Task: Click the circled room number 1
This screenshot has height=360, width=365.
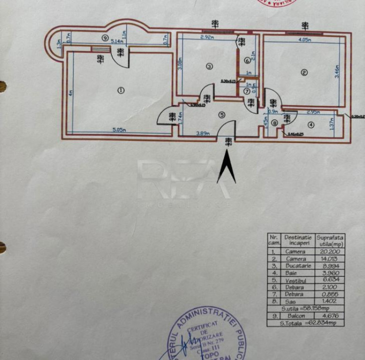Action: (x=121, y=90)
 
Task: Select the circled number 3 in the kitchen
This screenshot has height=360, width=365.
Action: (x=209, y=67)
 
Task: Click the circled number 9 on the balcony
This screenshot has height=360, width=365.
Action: (x=105, y=38)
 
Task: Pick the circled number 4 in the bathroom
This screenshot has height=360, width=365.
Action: (x=311, y=125)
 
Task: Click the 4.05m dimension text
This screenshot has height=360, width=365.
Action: (x=305, y=40)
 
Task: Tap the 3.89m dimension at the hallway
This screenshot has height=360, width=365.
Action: (x=203, y=134)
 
